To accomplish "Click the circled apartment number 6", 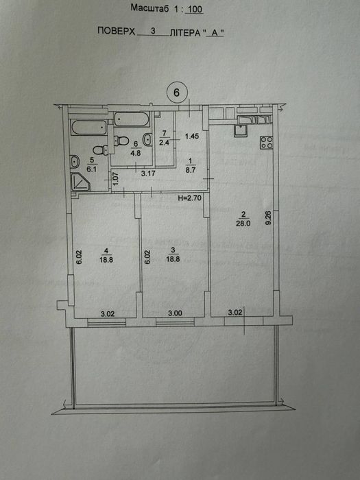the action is [176, 92].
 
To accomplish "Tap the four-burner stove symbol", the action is [266, 143].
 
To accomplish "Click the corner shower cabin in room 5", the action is [80, 182].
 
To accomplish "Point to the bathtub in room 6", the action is [132, 119].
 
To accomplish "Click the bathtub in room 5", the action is [88, 128].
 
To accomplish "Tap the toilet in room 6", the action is [121, 141].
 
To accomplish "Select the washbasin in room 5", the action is [75, 161].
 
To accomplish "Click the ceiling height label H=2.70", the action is [189, 198].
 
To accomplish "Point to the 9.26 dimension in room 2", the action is [269, 218].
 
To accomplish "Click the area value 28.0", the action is [243, 223].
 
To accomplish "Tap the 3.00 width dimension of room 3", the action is [176, 313].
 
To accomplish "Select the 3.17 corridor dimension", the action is [148, 173].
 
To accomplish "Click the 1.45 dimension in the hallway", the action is [192, 136].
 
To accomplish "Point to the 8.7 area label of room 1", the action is [191, 171].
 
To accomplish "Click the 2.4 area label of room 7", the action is [165, 142].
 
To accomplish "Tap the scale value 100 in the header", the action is [195, 10].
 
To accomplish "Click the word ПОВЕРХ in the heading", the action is [117, 31].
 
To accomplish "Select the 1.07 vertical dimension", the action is [115, 179].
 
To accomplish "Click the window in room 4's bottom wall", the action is [106, 322].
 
